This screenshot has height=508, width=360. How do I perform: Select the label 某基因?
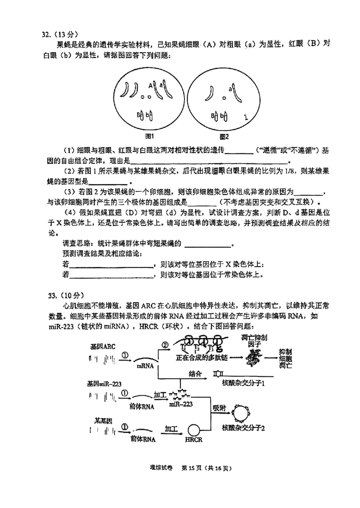(x=103, y=421)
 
